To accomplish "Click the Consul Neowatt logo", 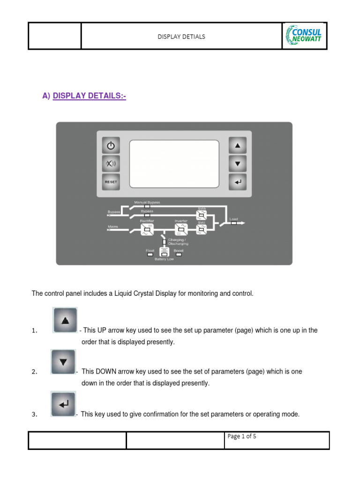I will click(x=304, y=36).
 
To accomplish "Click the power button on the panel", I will click(x=111, y=146).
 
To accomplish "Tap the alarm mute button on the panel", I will click(x=111, y=164).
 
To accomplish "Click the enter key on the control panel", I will click(x=238, y=181).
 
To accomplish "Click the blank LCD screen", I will click(x=174, y=163).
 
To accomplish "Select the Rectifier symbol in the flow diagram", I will click(x=146, y=229).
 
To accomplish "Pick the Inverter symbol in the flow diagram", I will click(x=181, y=229).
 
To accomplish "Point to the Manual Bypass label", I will click(x=147, y=202).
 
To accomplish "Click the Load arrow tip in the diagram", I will click(x=243, y=223).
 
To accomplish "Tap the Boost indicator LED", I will click(x=178, y=255).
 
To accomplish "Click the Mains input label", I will click(x=113, y=226).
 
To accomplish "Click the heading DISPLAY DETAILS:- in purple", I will click(x=90, y=96).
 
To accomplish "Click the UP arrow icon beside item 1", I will click(x=65, y=321).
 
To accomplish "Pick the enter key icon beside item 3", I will click(x=63, y=404).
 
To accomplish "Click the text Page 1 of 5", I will click(x=241, y=436).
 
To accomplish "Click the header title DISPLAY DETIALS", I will click(x=181, y=37).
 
